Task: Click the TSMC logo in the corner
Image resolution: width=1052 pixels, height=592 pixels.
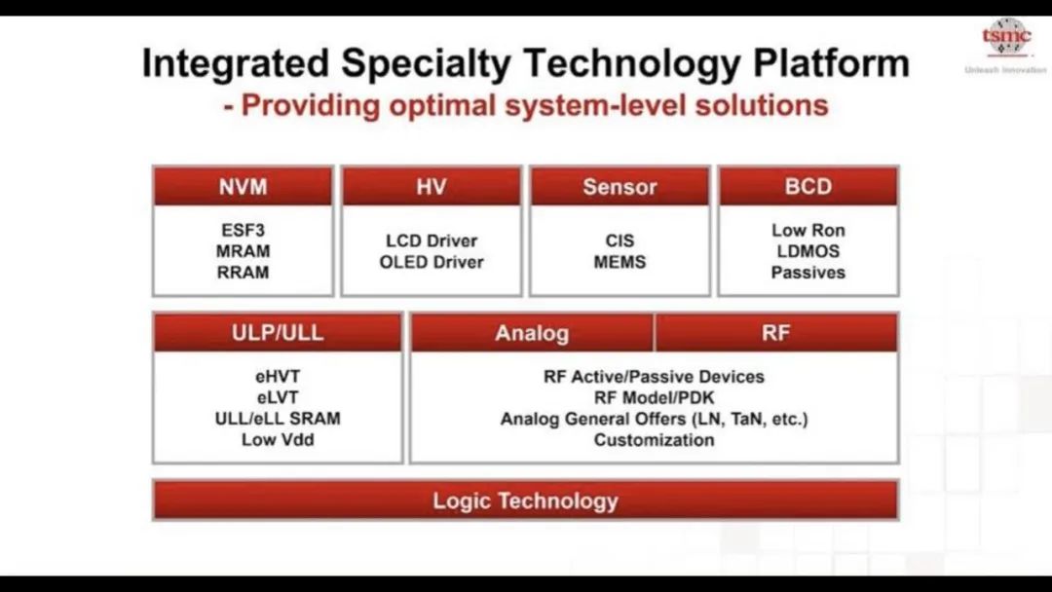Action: (x=1006, y=37)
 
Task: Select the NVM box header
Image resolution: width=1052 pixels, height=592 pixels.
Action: (x=243, y=186)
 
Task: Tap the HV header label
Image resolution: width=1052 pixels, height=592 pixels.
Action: (x=432, y=186)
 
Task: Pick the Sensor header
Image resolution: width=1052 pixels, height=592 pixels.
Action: (x=620, y=186)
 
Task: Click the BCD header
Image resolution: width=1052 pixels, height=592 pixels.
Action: (x=808, y=186)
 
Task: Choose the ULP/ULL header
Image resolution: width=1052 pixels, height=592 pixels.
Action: (x=278, y=333)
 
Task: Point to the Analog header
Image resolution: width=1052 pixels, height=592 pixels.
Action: (x=532, y=333)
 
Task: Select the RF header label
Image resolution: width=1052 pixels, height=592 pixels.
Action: (x=776, y=333)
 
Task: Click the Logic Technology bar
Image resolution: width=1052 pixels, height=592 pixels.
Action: (x=525, y=500)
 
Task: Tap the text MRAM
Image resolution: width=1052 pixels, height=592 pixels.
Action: (x=243, y=251)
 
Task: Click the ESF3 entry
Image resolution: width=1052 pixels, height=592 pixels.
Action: (x=243, y=230)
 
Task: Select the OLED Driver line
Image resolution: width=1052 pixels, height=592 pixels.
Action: (x=432, y=262)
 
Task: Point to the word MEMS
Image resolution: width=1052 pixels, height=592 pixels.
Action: (x=620, y=262)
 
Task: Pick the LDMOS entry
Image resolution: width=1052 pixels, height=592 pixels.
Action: (x=808, y=251)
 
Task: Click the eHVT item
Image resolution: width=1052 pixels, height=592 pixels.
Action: (x=278, y=376)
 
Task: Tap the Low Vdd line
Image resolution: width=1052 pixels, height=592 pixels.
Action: (x=278, y=440)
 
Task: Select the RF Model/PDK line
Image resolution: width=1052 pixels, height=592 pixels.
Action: (x=655, y=397)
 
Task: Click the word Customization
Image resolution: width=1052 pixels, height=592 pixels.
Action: (x=655, y=440)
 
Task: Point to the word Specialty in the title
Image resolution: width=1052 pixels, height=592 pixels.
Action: (x=426, y=64)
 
